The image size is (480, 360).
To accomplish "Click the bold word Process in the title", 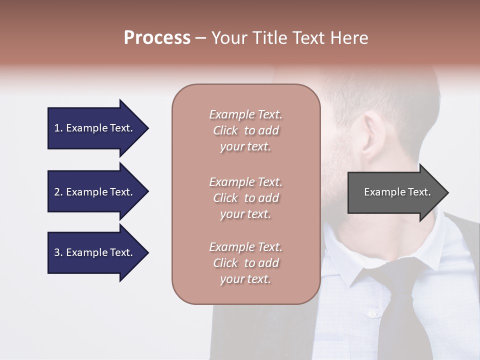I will [x=157, y=38].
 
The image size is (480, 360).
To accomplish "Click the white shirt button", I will [x=371, y=314].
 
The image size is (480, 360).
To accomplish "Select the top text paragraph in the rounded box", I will [x=245, y=130].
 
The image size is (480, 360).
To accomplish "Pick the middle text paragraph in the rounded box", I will [x=245, y=198].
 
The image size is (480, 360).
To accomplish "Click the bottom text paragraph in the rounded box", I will [x=245, y=263].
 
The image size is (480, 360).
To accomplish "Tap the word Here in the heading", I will [x=349, y=38].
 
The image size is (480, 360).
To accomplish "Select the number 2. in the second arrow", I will [x=58, y=192].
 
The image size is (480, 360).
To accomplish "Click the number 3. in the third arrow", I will [x=58, y=252].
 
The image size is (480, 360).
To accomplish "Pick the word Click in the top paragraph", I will [x=225, y=130].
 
